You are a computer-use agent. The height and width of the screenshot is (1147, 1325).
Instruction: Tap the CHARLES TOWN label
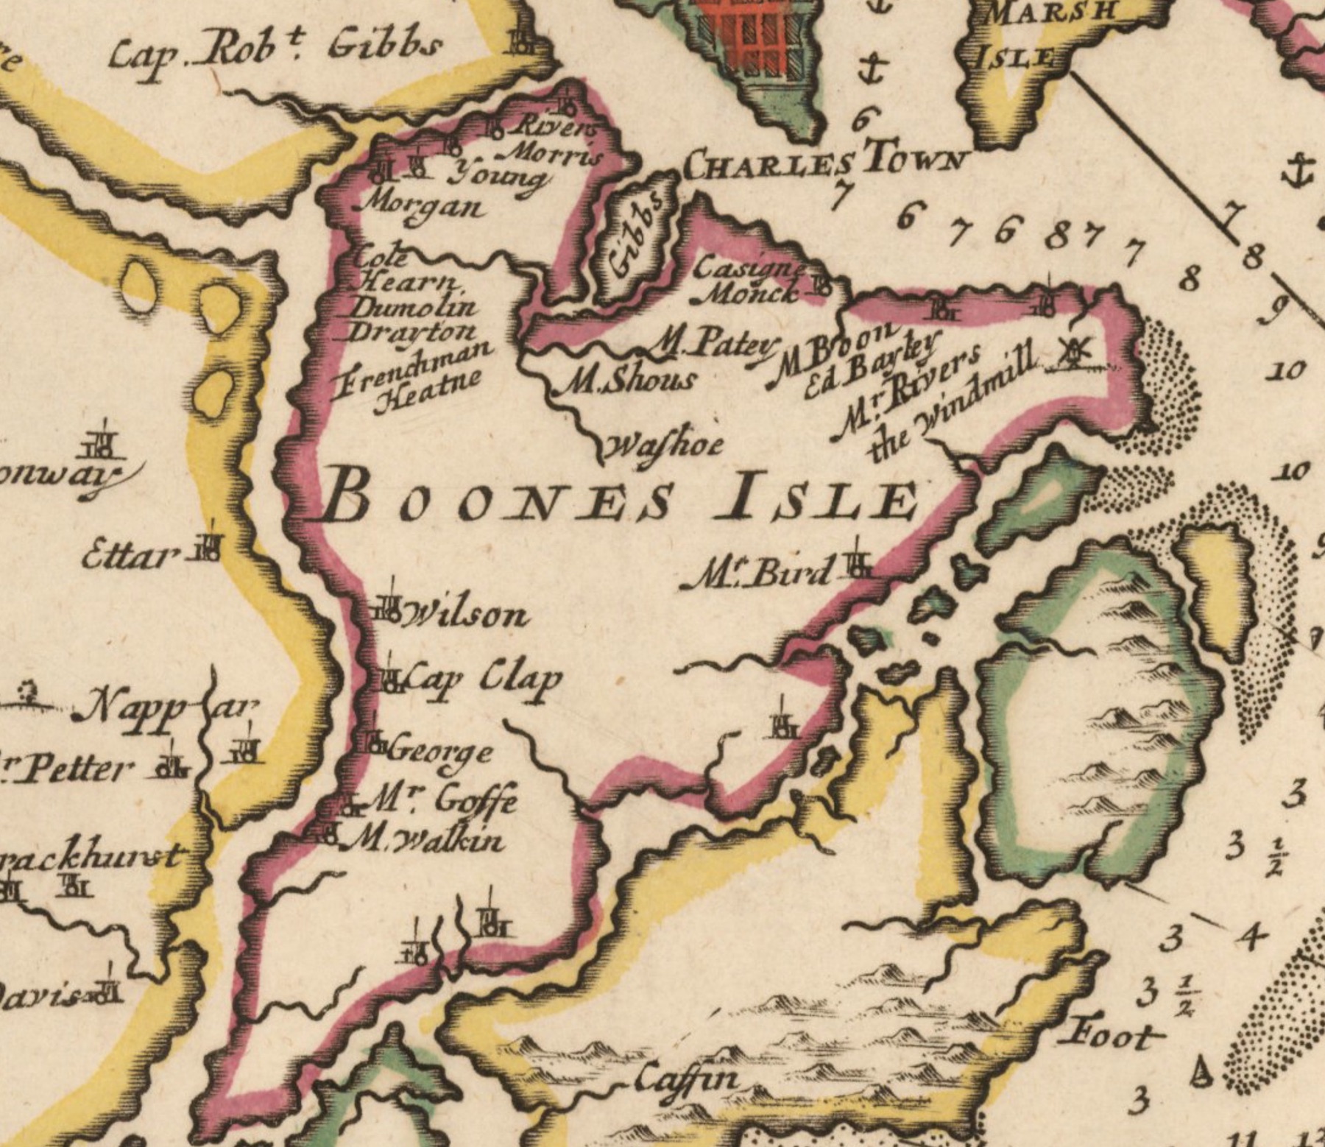pos(824,163)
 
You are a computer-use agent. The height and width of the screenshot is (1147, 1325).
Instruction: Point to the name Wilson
pos(464,613)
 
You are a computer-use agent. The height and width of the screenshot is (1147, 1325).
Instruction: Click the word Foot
pos(1112,1036)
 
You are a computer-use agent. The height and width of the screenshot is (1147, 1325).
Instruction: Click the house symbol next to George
pos(375,742)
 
